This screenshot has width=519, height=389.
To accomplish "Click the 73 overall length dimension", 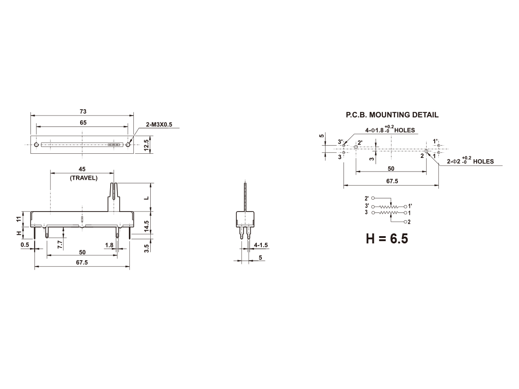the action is click(83, 111).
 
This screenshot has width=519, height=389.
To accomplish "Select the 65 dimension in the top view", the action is click(83, 123).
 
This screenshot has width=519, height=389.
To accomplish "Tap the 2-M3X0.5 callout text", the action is click(159, 125).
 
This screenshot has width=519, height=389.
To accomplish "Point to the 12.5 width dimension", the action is click(146, 145).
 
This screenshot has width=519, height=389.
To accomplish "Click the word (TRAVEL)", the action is click(83, 178).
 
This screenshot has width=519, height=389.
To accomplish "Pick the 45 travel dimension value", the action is click(82, 169).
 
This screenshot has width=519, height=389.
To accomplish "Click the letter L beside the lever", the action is click(146, 198).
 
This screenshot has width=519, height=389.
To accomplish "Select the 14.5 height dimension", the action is click(146, 227).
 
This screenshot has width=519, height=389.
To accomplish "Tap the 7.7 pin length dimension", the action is click(60, 244).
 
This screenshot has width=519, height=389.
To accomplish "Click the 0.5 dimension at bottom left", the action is click(25, 245).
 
